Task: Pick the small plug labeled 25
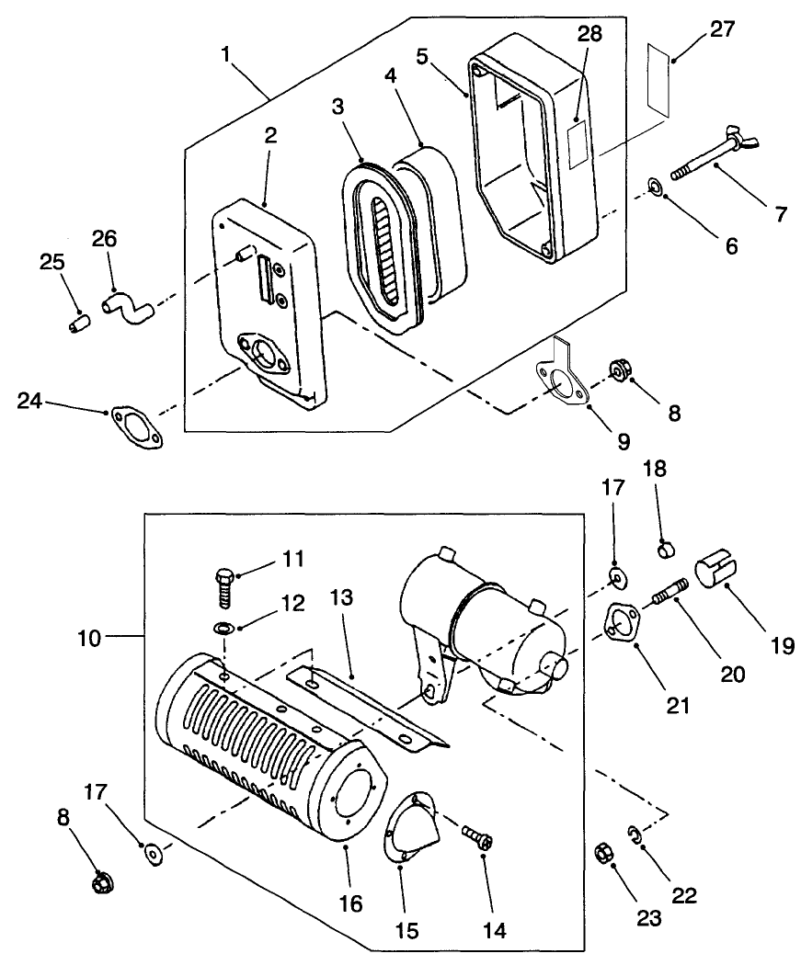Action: [79, 324]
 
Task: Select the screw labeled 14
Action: [480, 839]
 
